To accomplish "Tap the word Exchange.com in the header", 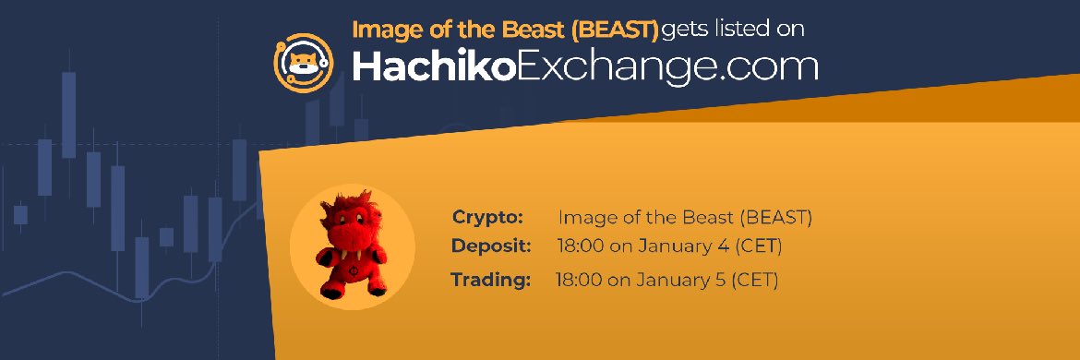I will click(665, 66).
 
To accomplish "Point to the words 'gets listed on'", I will click(733, 29).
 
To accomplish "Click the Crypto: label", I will click(487, 217).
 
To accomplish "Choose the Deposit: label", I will click(491, 246).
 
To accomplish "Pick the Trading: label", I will click(490, 279).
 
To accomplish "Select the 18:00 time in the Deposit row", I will click(579, 246).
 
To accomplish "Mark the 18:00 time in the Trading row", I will click(577, 279).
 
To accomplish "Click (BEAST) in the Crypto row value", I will click(774, 218).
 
